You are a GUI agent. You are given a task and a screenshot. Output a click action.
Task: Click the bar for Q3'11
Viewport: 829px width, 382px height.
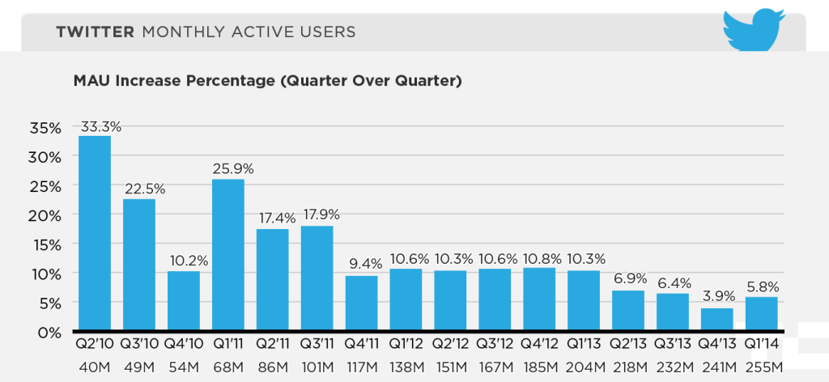coord(317,278)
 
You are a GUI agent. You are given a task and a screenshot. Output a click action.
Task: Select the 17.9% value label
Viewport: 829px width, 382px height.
coord(320,215)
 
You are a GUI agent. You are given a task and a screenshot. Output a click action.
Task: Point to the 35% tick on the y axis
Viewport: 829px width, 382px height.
coord(45,128)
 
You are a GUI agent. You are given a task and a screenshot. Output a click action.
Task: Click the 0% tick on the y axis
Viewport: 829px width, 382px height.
coord(49,332)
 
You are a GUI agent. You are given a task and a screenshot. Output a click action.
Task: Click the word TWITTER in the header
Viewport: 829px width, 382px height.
coord(94,32)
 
